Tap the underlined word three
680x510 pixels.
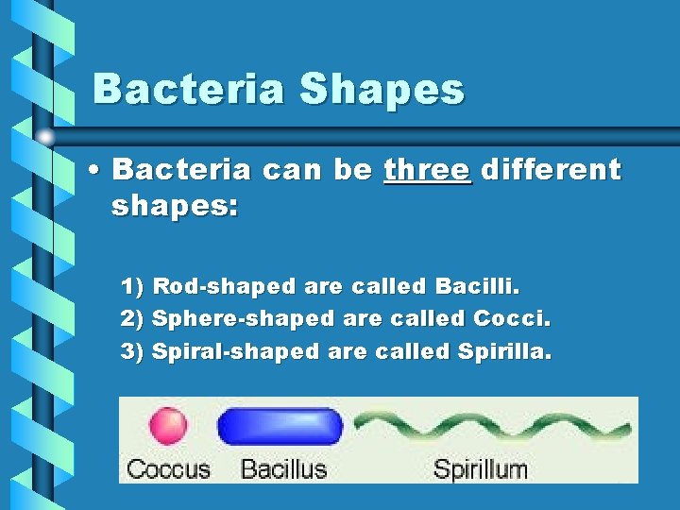427,170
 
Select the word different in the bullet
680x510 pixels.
551,170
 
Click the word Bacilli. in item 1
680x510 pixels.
478,285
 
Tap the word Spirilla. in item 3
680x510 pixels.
505,351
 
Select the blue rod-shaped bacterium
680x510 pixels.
280,427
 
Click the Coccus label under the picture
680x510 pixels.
168,467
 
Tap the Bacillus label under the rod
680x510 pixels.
283,467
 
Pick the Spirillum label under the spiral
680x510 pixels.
479,467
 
